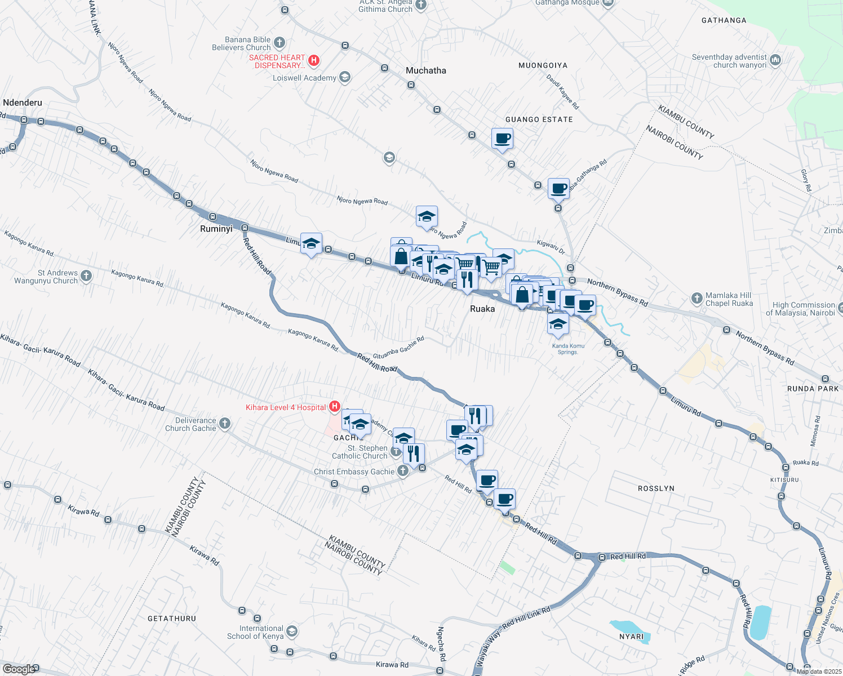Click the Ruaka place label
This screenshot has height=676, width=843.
tap(482, 309)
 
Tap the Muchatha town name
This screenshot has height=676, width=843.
tap(426, 70)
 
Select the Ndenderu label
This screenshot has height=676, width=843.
tap(23, 103)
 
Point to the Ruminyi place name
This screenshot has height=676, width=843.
tap(216, 229)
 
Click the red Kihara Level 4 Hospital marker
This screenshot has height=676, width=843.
tap(335, 406)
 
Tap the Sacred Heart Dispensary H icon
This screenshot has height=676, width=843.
tap(314, 60)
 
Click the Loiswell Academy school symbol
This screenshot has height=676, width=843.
tap(345, 77)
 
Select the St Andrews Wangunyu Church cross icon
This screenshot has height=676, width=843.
tap(86, 275)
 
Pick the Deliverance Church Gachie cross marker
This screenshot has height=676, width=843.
tap(224, 423)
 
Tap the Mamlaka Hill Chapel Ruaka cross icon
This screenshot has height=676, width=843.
tap(697, 298)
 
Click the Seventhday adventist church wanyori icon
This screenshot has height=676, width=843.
tap(775, 60)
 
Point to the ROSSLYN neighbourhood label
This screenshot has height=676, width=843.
tap(656, 488)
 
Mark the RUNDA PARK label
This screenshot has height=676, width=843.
tap(813, 389)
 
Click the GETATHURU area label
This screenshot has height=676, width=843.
tap(172, 619)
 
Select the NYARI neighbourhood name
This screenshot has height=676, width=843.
tap(631, 637)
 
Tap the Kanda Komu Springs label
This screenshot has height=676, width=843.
tap(568, 349)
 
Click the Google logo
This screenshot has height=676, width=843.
tap(19, 669)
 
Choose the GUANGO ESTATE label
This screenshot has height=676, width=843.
tap(539, 119)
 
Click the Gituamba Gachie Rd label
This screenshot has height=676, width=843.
tap(398, 348)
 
